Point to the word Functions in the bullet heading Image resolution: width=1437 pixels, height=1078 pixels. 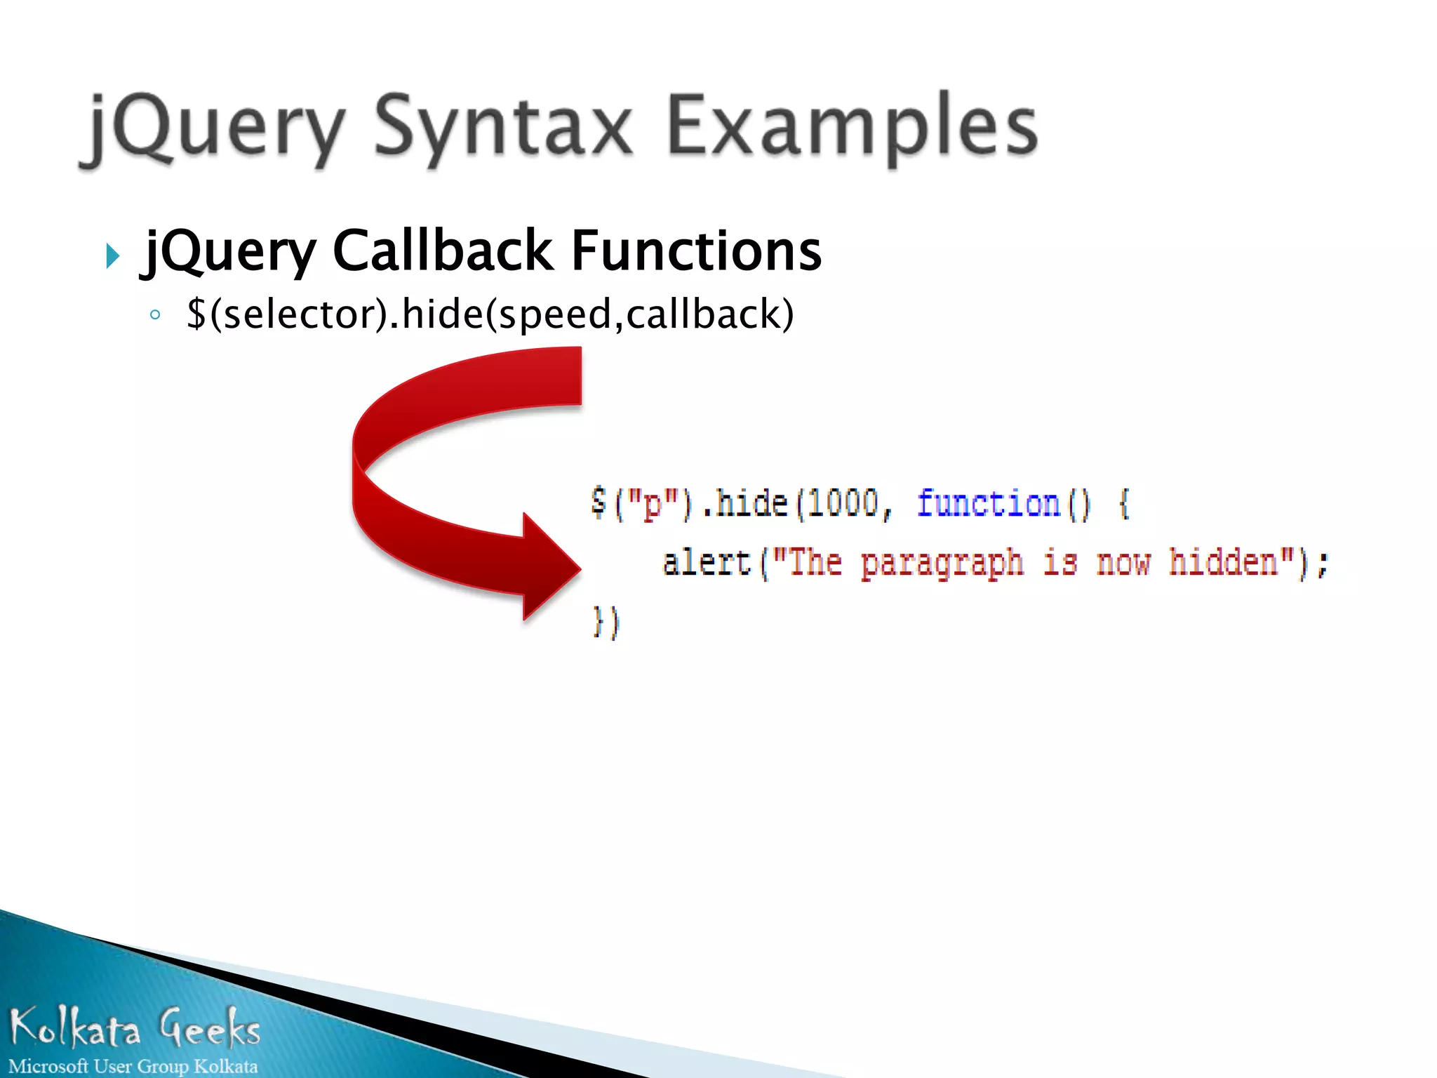point(696,251)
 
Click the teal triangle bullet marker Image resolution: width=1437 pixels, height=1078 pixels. point(112,256)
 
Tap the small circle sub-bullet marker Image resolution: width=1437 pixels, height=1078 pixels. point(155,314)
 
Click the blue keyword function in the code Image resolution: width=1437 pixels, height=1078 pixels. point(988,504)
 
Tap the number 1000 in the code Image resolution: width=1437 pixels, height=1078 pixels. point(843,504)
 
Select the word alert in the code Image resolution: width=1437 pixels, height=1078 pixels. point(707,563)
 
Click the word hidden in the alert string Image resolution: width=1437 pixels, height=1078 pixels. point(1223,563)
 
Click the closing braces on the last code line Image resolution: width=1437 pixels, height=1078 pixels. point(606,622)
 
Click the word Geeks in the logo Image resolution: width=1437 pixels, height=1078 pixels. point(209,1028)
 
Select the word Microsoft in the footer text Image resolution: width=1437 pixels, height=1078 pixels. point(48,1066)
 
